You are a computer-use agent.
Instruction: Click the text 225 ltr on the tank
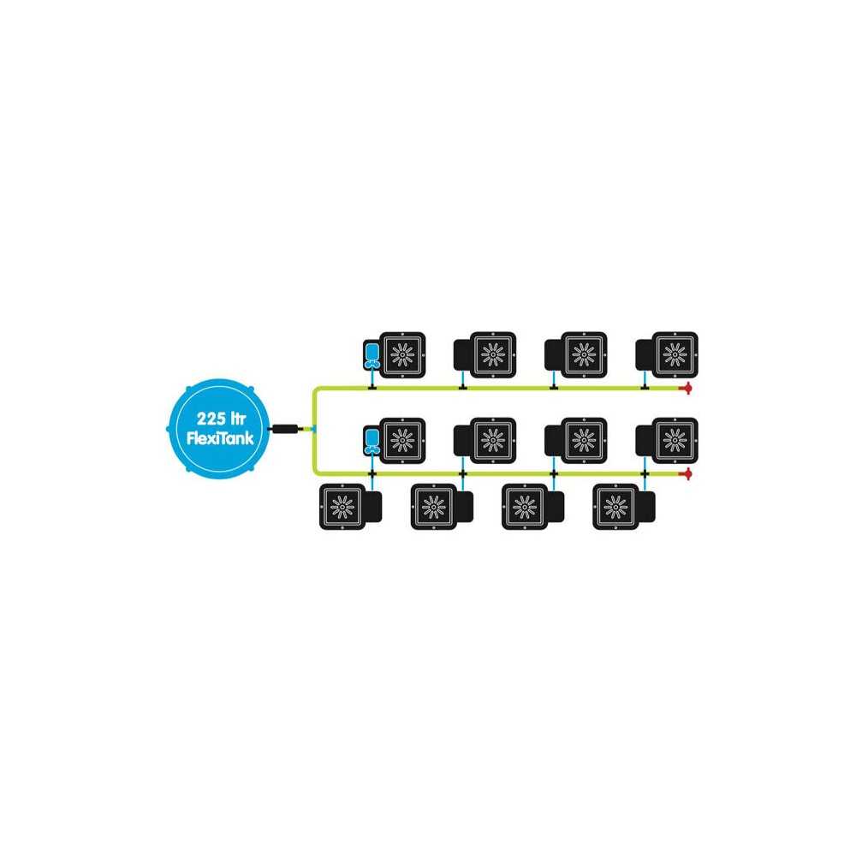click(221, 419)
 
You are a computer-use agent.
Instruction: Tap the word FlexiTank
click(220, 437)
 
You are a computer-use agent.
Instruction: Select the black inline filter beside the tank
click(284, 429)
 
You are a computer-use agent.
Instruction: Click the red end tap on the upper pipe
click(687, 388)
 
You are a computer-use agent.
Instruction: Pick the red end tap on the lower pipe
click(687, 474)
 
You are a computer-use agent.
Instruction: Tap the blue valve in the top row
click(372, 355)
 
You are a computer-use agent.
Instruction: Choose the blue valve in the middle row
click(372, 441)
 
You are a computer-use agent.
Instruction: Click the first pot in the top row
click(402, 355)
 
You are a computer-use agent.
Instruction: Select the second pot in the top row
click(484, 355)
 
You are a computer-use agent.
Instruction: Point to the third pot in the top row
click(576, 355)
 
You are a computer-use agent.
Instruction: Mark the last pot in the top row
click(667, 355)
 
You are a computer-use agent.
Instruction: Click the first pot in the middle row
click(402, 441)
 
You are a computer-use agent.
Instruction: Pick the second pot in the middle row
click(484, 441)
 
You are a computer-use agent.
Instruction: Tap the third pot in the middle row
click(576, 441)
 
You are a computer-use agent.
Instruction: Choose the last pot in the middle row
click(667, 441)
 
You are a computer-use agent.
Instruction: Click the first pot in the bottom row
click(350, 507)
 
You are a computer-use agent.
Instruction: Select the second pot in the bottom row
click(442, 507)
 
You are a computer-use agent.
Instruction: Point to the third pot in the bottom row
click(532, 507)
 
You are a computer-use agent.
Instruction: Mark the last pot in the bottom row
click(624, 507)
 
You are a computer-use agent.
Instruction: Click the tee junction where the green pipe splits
click(314, 429)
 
